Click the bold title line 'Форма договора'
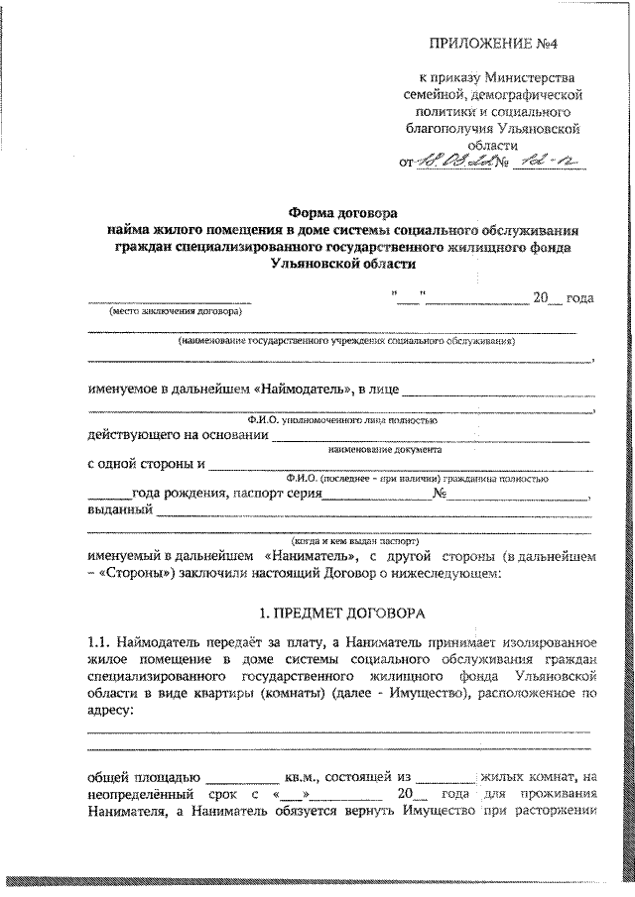point(342,212)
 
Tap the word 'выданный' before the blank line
point(120,511)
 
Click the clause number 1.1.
point(100,646)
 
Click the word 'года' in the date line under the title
point(579,297)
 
